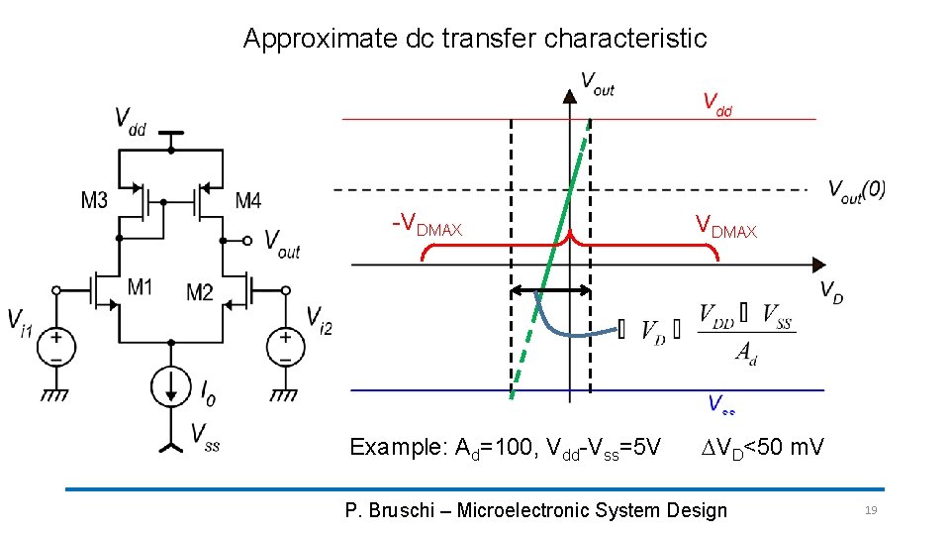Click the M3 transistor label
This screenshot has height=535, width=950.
pos(94,201)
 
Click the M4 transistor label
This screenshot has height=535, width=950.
pos(248,201)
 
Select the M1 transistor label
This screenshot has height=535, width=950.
pos(141,287)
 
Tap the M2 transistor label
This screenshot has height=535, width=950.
pos(200,291)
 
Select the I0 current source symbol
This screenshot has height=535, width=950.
pos(171,384)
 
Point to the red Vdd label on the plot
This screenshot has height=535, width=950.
pos(717,102)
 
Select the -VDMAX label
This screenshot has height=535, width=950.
pos(427,226)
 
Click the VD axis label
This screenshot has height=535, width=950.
pos(831,292)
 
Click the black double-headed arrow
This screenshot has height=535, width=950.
pos(551,291)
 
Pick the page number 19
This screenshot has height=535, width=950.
pos(871,510)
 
